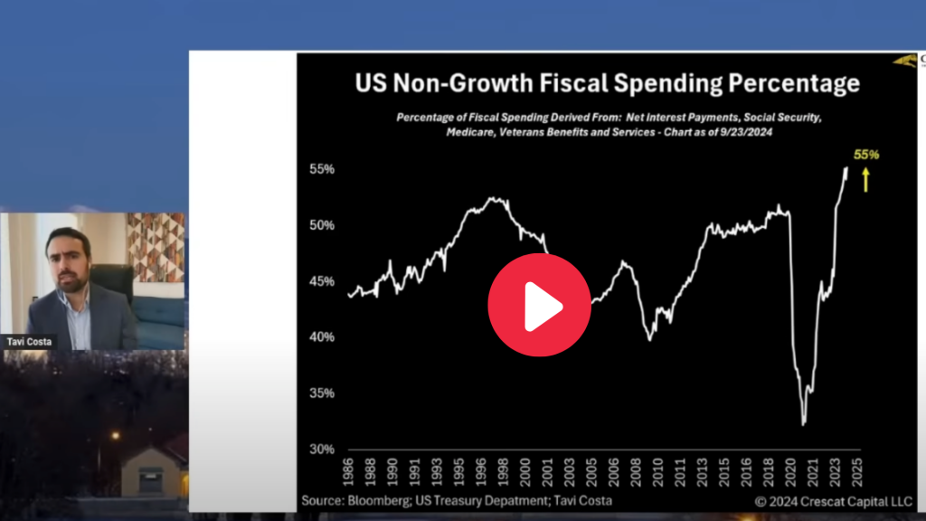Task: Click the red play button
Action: pos(539,304)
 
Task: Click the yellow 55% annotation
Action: pos(866,154)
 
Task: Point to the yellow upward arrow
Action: pos(865,178)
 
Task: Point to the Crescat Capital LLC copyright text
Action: pos(822,500)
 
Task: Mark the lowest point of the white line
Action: pos(803,423)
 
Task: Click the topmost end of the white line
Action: pos(846,168)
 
